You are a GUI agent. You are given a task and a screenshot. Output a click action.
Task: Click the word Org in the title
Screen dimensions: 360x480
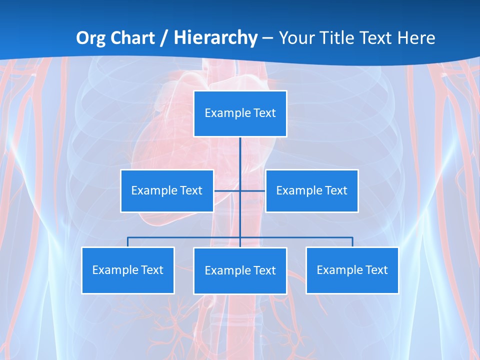coord(91,38)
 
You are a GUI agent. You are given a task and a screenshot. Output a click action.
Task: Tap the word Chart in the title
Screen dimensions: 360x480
coord(131,38)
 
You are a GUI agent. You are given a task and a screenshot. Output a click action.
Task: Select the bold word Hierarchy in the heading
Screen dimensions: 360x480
coord(215,38)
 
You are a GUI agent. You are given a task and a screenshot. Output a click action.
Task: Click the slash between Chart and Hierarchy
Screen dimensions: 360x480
coord(164,38)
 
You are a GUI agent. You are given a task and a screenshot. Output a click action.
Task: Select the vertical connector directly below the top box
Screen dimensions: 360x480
coord(240,155)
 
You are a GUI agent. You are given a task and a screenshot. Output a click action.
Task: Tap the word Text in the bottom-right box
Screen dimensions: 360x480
coord(376,270)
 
